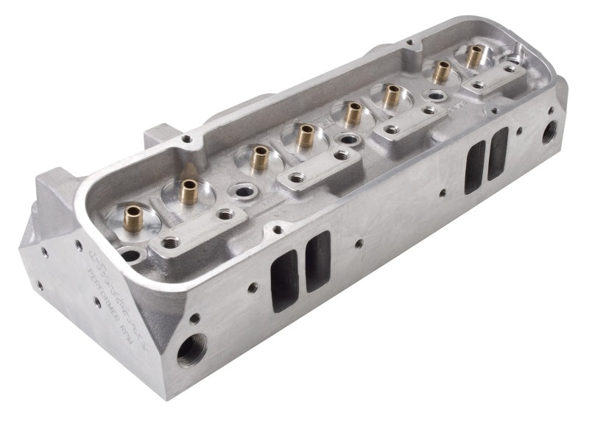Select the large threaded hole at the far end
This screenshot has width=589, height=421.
point(549,132)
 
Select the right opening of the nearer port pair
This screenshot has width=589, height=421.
point(318,260)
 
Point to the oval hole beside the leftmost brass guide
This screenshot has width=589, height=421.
point(130,255)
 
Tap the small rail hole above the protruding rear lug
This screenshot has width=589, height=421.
point(187,138)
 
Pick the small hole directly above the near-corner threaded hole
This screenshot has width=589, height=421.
point(194,319)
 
